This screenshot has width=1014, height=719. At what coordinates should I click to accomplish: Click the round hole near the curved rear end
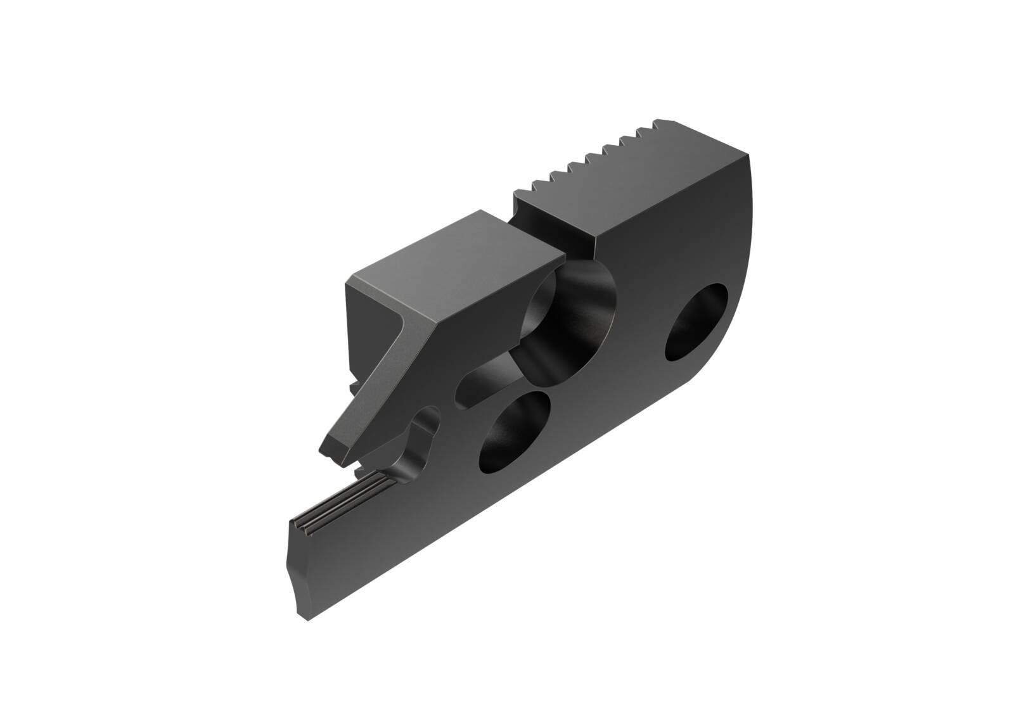pos(696,322)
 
